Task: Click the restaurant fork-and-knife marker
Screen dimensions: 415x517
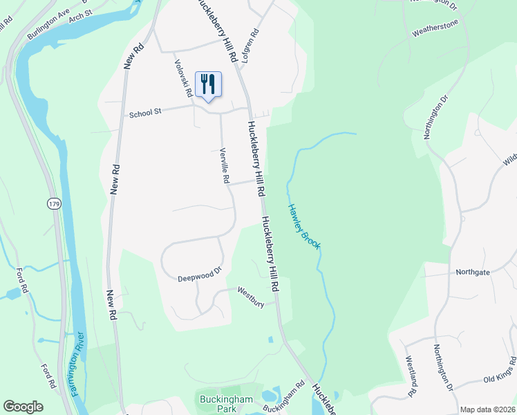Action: (208, 85)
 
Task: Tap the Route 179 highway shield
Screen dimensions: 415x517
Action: (53, 203)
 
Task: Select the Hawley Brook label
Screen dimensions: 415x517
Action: (303, 225)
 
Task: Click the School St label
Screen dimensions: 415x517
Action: (144, 113)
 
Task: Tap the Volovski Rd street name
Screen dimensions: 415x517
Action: (183, 77)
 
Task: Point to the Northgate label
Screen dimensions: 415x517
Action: (473, 272)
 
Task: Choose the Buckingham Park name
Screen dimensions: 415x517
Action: (218, 404)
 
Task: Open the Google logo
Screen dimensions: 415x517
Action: (23, 407)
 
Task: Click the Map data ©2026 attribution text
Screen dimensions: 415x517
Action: (487, 409)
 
